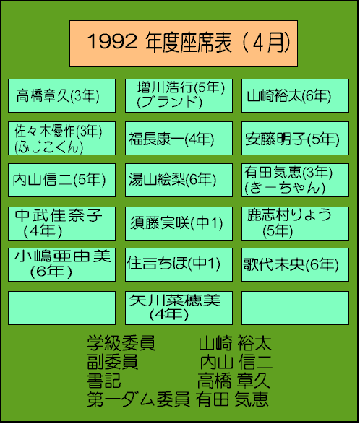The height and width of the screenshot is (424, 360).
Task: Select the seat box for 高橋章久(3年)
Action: click(61, 96)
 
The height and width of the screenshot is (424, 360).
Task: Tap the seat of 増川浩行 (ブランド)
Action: click(179, 96)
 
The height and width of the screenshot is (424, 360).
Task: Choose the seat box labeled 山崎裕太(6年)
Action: click(295, 96)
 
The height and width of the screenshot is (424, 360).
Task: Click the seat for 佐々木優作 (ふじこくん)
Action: click(61, 138)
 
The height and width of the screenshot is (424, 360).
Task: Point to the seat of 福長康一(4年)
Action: click(179, 138)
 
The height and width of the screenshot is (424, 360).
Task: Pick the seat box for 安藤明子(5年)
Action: click(295, 138)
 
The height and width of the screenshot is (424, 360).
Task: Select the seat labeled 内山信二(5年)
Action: click(61, 180)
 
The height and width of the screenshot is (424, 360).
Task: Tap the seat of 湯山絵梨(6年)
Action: click(179, 180)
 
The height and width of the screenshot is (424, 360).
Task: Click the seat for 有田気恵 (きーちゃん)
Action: click(295, 180)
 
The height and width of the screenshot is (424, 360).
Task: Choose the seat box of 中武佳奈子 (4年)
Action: click(61, 224)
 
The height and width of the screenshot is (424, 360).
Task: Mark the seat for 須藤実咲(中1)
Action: click(179, 224)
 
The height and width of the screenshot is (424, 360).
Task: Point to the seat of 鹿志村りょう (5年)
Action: click(295, 224)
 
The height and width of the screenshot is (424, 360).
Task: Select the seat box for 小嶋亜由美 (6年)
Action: click(61, 265)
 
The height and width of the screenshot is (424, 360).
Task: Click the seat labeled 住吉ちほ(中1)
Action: click(179, 265)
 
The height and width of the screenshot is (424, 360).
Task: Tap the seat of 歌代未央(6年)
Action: click(295, 265)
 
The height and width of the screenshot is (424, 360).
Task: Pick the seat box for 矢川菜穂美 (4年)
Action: click(179, 308)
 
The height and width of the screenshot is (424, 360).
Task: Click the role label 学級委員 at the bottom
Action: click(121, 343)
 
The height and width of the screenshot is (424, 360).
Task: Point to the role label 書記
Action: click(104, 381)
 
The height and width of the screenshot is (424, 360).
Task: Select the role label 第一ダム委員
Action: click(138, 399)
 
